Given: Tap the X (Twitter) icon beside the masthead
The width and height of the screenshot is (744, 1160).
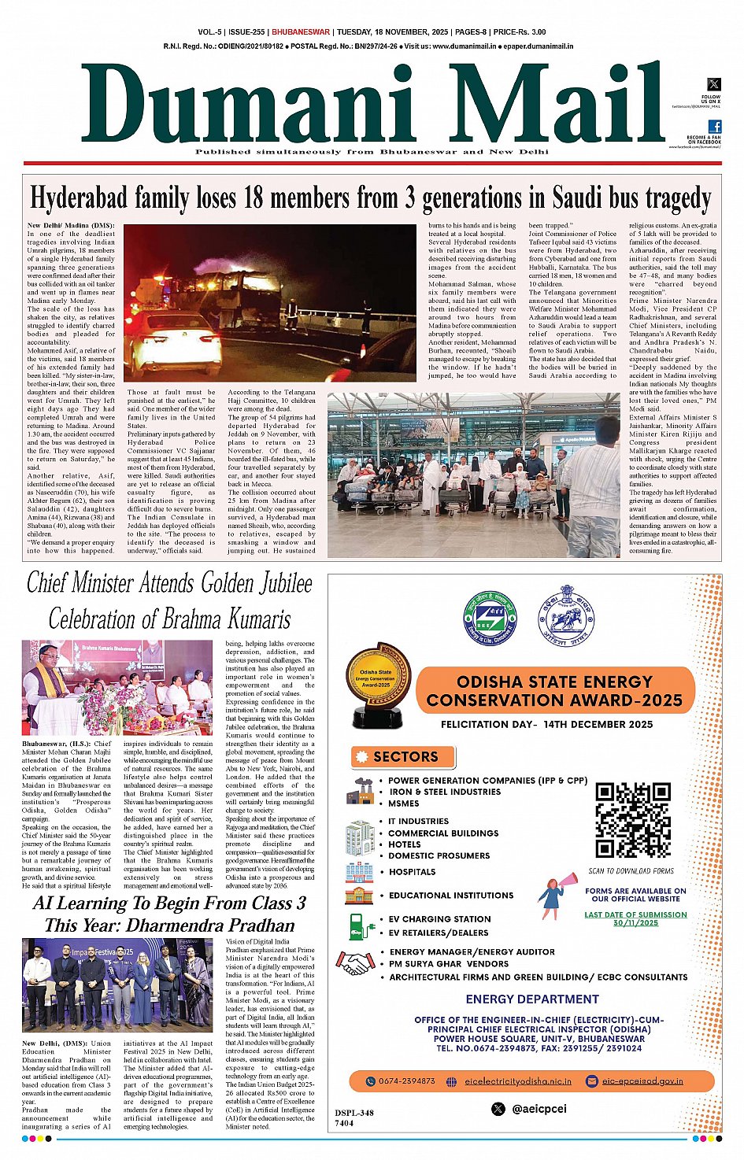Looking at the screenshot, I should coord(714,84).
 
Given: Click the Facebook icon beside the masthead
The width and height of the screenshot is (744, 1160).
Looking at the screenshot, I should coord(714,126).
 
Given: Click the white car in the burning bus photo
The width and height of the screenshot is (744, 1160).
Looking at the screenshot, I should coord(176,342).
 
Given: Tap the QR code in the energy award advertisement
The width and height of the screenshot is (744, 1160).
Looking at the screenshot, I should coord(632,820).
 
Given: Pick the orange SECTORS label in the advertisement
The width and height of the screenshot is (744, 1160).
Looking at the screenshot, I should coord(404,757).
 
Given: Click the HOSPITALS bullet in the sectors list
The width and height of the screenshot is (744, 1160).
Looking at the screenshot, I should coord(412,872).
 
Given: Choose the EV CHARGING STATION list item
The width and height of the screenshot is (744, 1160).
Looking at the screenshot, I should coord(439,919).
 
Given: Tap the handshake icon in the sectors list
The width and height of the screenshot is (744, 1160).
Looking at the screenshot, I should coord(356,962).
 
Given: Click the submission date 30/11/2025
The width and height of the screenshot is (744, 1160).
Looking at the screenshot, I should coord(635,923).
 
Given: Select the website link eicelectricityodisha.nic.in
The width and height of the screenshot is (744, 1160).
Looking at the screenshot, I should coord(518,1081).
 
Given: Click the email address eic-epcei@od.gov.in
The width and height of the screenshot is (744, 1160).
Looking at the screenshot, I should coord(642,1081).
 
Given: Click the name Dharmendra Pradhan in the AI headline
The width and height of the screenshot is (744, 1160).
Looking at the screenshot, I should coord(210,925).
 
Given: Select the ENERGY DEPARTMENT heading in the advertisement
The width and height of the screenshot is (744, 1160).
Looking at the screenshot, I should coord(532,999).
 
